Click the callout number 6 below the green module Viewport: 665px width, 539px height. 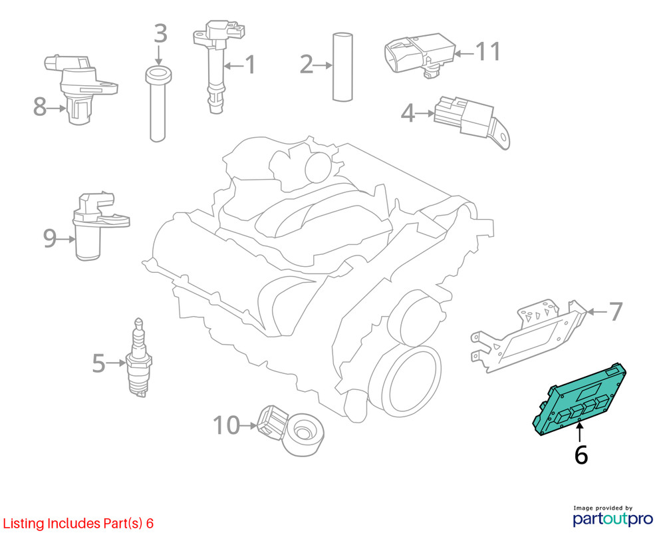pos(581,454)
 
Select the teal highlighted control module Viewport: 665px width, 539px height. pos(580,399)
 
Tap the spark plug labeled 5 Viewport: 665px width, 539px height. pos(139,358)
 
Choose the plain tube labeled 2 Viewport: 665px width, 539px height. pos(342,67)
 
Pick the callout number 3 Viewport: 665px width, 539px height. pos(160,33)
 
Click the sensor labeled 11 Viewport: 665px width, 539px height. pos(420,55)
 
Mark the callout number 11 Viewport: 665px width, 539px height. pos(488,52)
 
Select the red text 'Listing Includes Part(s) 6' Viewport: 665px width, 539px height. pos(78,523)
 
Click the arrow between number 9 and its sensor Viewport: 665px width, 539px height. pos(66,240)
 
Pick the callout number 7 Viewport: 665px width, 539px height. pos(615,311)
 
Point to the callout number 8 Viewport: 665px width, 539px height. pos(40,106)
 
